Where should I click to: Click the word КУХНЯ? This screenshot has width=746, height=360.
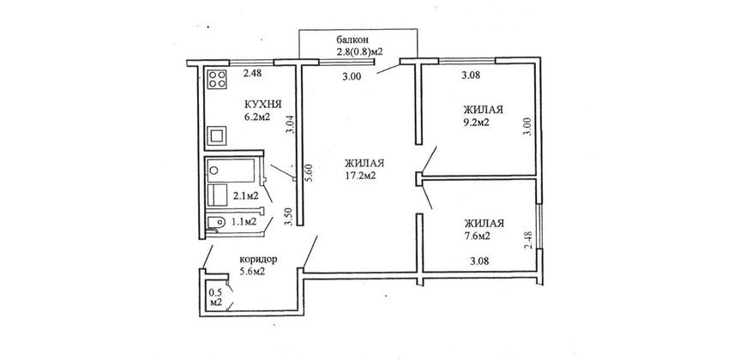point(263,105)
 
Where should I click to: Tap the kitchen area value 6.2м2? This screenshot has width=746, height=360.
point(257,117)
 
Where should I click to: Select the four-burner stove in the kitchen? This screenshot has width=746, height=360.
point(217,80)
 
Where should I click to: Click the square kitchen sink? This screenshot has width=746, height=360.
point(217,136)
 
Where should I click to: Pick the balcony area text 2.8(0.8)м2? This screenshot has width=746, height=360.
point(359,50)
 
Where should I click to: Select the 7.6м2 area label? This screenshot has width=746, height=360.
point(478,236)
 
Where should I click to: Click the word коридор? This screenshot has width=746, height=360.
point(258,260)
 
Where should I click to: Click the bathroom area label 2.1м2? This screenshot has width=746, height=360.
point(245,195)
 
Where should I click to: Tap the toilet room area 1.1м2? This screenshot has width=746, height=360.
point(244,221)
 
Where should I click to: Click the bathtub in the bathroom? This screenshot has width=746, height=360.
point(231,171)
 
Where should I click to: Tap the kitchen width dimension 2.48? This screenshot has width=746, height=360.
point(252,73)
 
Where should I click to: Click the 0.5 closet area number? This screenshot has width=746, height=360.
point(215,293)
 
